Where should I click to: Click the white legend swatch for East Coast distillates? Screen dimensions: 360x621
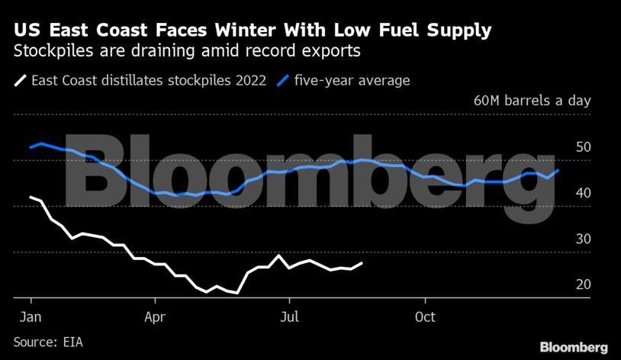pyautogui.click(x=20, y=80)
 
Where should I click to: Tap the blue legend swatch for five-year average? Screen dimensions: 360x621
pyautogui.click(x=283, y=80)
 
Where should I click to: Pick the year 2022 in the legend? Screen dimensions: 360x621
pyautogui.click(x=249, y=80)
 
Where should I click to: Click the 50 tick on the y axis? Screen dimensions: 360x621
pyautogui.click(x=583, y=147)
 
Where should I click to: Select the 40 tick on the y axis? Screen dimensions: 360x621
pyautogui.click(x=583, y=193)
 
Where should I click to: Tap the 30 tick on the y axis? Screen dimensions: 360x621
pyautogui.click(x=583, y=239)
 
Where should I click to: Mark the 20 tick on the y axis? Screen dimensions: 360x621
pyautogui.click(x=583, y=284)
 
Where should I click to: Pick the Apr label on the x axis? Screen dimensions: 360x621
pyautogui.click(x=155, y=315)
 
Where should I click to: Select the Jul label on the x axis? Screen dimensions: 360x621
pyautogui.click(x=288, y=315)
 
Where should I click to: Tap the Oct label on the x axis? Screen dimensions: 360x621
pyautogui.click(x=424, y=315)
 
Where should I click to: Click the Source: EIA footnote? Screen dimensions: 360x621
pyautogui.click(x=47, y=342)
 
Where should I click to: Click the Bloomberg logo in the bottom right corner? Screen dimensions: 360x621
pyautogui.click(x=574, y=347)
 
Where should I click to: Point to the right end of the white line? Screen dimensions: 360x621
pyautogui.click(x=362, y=263)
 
